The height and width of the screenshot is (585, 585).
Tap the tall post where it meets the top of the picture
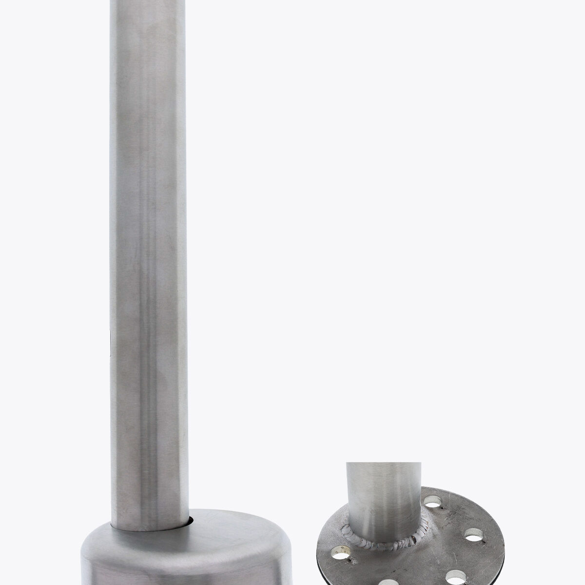click(x=146, y=2)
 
